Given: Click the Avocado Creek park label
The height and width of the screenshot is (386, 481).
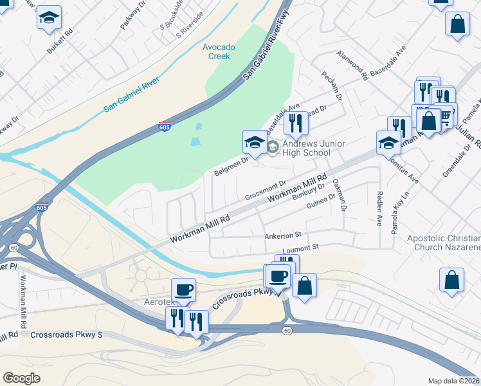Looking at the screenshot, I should pyautogui.click(x=219, y=51).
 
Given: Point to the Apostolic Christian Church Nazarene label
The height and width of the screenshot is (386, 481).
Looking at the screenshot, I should pyautogui.click(x=444, y=243).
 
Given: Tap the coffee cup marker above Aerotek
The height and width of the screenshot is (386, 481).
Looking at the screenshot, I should pyautogui.click(x=183, y=290).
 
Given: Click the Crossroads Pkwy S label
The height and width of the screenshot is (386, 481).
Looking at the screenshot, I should pyautogui.click(x=66, y=335).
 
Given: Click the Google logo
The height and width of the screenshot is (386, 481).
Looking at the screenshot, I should pyautogui.click(x=22, y=378).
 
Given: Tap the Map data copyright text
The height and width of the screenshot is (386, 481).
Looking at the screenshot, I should pyautogui.click(x=453, y=381).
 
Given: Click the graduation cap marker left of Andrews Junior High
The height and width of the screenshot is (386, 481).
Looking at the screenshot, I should pyautogui.click(x=255, y=143).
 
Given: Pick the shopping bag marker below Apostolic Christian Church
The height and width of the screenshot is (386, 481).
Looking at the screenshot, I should pyautogui.click(x=452, y=281).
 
